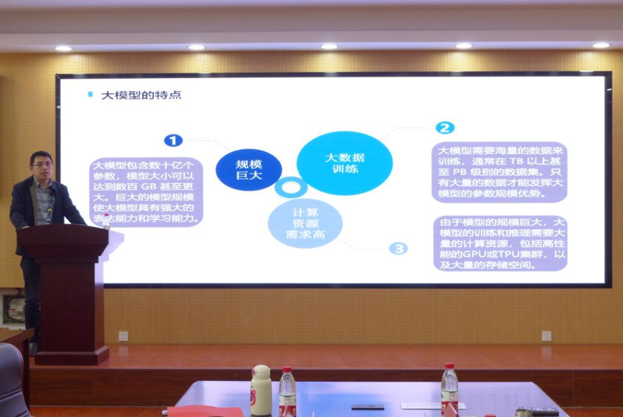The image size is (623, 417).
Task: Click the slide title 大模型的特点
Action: point(141,95)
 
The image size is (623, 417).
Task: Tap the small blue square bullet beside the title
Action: point(90,94)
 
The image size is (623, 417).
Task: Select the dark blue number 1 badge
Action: point(173,140)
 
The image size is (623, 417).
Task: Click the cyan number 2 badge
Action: point(445,127)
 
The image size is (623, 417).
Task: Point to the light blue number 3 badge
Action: point(398,249)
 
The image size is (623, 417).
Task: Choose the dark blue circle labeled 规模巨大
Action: point(249,170)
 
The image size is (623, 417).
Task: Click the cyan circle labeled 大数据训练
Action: point(345,163)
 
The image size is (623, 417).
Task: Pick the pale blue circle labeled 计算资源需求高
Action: point(305,223)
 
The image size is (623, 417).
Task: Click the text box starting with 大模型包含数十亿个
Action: point(146,192)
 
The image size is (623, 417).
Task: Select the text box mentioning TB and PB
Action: point(500,172)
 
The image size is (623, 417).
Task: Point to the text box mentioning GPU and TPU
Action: point(500,244)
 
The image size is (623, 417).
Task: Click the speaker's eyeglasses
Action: point(42,164)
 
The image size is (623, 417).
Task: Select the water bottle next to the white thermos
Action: point(287,392)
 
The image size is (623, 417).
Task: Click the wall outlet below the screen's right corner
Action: point(546,336)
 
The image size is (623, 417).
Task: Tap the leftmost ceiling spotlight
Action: point(63,49)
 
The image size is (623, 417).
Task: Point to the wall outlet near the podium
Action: point(123,336)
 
